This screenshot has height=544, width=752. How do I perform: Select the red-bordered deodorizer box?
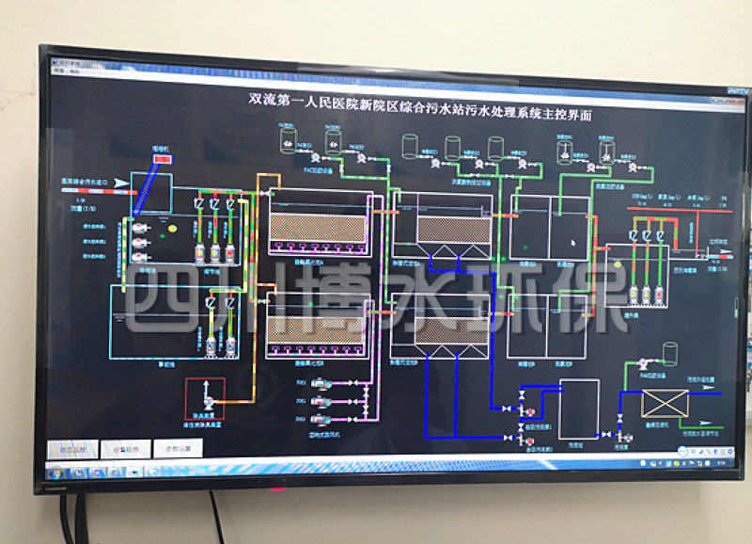203,392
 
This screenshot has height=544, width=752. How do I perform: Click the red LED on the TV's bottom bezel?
277,489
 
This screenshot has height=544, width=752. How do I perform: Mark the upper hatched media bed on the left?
318,228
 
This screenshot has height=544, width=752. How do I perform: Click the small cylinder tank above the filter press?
670,352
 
